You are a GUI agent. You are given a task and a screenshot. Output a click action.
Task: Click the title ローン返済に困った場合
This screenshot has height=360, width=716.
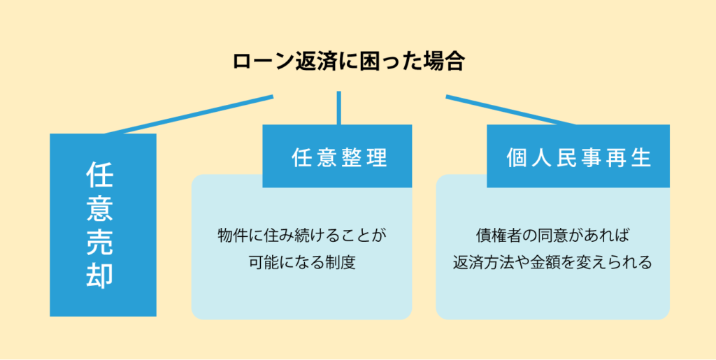[348, 62]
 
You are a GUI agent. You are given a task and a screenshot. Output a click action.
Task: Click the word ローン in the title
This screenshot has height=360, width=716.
[262, 62]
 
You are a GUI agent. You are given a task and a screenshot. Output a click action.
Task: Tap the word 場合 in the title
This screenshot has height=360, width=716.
[445, 62]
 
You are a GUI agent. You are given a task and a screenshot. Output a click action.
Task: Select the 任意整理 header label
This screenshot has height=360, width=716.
[339, 158]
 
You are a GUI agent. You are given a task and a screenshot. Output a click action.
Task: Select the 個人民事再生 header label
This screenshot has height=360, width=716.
[578, 158]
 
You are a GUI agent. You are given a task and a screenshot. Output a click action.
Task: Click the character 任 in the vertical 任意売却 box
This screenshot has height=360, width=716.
[99, 175]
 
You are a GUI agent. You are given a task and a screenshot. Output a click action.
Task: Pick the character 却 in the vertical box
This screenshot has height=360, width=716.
[99, 275]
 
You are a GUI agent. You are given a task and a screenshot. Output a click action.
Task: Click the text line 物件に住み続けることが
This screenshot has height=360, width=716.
[302, 236]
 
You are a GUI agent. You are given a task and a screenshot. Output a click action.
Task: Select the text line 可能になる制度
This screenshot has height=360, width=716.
[302, 263]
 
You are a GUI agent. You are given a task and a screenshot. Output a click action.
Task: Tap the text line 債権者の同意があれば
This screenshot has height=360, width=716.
[552, 236]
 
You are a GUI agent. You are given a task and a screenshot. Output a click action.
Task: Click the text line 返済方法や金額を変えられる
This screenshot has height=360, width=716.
[552, 263]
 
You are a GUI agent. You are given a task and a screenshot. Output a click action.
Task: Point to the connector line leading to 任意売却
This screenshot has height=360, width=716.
[189, 115]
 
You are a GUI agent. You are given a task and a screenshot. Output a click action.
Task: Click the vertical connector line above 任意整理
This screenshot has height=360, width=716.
[339, 108]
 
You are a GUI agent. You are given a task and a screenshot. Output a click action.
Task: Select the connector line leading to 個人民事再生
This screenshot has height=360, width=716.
[510, 110]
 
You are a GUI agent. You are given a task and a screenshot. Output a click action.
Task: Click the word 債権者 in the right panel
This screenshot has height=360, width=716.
[499, 236]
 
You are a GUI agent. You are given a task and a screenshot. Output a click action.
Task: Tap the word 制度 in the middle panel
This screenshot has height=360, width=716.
[341, 263]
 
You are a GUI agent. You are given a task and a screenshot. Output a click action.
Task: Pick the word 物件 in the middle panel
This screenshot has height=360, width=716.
[234, 236]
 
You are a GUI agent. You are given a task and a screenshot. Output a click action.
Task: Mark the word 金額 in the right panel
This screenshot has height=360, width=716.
[545, 263]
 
